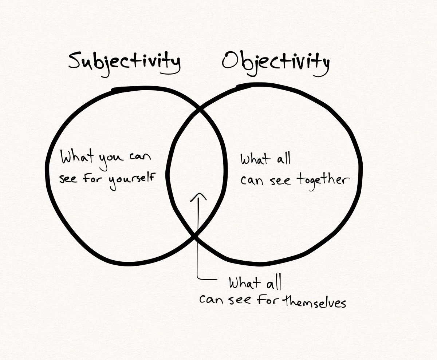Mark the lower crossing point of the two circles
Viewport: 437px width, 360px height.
click(x=195, y=237)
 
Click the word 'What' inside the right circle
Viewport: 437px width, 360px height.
click(x=255, y=160)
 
